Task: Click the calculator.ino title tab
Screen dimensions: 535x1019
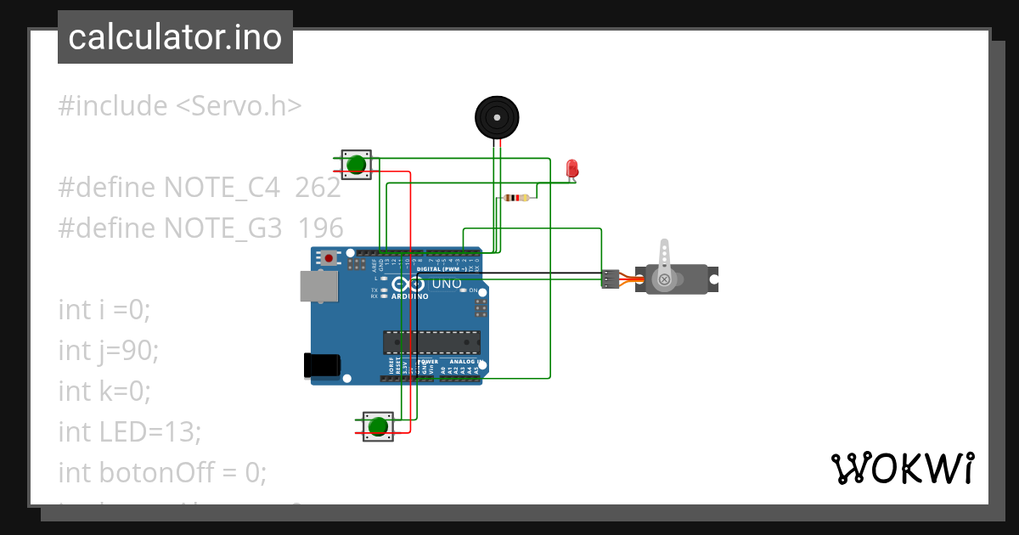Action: click(175, 37)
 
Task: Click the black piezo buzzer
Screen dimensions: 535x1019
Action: click(496, 117)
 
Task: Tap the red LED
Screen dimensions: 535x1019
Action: click(572, 167)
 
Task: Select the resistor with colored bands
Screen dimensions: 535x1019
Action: click(516, 198)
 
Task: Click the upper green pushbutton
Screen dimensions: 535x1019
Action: click(357, 164)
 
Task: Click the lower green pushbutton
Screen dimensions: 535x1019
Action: click(379, 425)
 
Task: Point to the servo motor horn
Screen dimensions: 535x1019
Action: click(665, 259)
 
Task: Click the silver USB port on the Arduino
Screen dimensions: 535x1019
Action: click(318, 286)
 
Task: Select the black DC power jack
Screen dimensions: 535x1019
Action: click(322, 364)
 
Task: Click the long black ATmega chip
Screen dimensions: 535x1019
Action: click(431, 341)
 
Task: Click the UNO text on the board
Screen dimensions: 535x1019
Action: click(448, 284)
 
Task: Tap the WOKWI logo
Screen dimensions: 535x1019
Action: click(902, 468)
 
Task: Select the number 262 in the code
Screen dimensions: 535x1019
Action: click(318, 188)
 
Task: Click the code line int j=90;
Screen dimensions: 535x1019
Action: click(109, 350)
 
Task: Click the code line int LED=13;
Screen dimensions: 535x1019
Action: click(129, 431)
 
